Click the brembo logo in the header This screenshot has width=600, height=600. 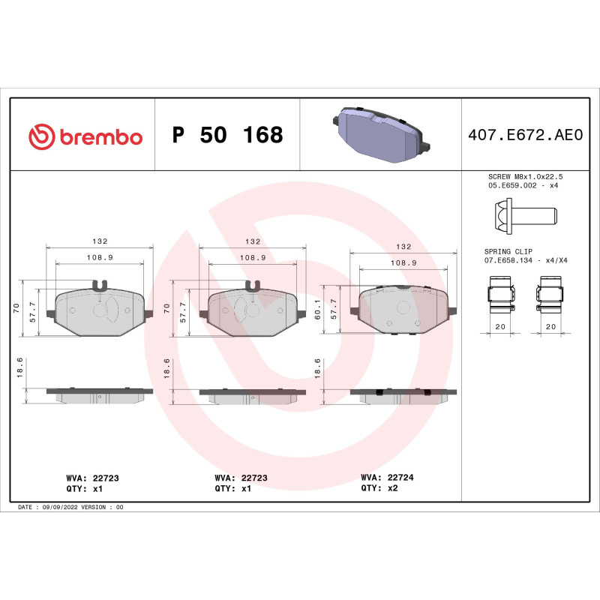coord(85,136)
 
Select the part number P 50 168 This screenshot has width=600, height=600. coord(227,135)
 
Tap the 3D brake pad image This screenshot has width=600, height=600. coord(379,134)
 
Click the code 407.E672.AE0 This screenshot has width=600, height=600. coord(524,136)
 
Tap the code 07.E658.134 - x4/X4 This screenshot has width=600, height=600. coord(525,261)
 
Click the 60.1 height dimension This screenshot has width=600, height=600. coord(318,308)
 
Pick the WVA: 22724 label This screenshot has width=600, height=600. coord(386,476)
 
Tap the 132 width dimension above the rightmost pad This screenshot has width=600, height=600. coord(403,247)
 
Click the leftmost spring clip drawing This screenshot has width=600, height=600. coord(501,294)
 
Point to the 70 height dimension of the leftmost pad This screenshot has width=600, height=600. coord(17,307)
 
